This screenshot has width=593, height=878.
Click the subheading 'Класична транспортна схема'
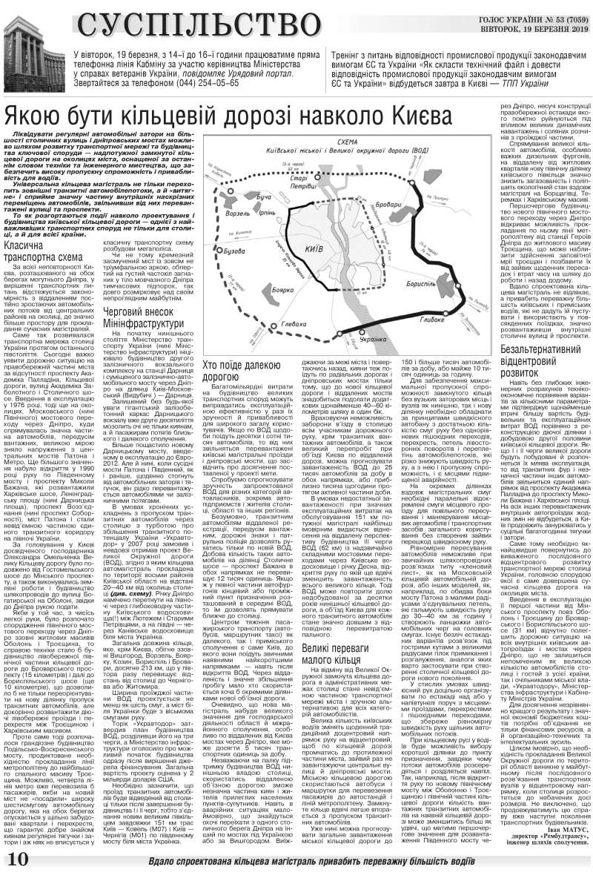pos(36,250)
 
